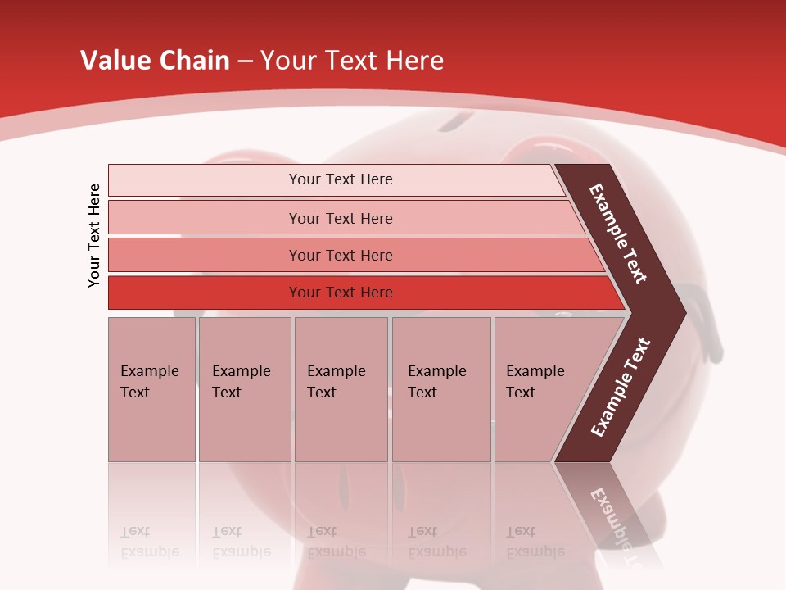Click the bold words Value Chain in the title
[155, 61]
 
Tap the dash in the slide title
[245, 61]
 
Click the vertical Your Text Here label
[94, 235]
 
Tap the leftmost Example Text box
[151, 389]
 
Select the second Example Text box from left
[244, 389]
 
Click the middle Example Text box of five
[341, 389]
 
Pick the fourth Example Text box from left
[440, 389]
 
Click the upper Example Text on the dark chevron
[619, 234]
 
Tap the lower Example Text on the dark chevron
[620, 387]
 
